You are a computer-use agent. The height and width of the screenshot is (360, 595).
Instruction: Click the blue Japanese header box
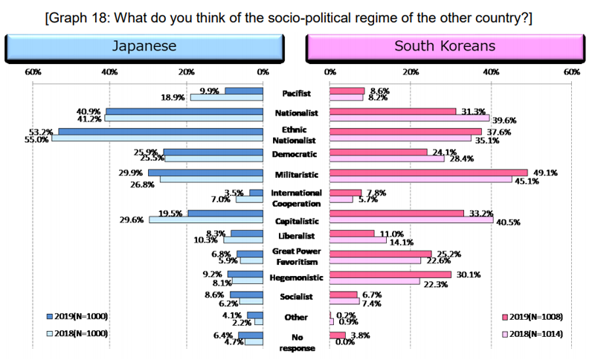pyautogui.click(x=144, y=46)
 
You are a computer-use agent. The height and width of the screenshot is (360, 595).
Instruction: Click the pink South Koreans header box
pyautogui.click(x=444, y=46)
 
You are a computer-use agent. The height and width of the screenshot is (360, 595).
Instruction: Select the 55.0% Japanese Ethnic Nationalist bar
pyautogui.click(x=158, y=138)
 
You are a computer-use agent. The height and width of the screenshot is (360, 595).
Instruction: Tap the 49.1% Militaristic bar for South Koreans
pyautogui.click(x=428, y=173)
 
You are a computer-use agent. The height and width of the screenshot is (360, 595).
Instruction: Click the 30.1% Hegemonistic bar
pyautogui.click(x=390, y=274)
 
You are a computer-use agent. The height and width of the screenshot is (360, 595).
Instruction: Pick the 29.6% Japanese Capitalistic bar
pyautogui.click(x=207, y=219)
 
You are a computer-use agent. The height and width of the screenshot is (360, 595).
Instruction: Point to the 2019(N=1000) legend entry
pyautogui.click(x=77, y=316)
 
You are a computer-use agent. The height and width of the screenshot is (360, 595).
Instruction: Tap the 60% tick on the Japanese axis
pyautogui.click(x=32, y=72)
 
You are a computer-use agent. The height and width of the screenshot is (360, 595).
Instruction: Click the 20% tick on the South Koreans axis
pyautogui.click(x=410, y=72)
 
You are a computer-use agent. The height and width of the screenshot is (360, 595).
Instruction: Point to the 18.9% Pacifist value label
pyautogui.click(x=173, y=97)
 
